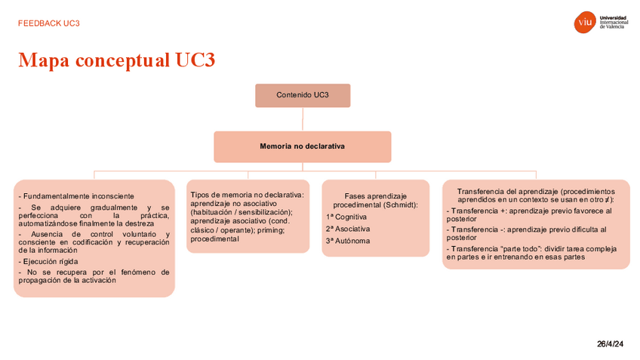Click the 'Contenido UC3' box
click(302, 95)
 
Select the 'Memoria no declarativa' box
click(302, 146)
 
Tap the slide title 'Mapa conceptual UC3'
click(117, 60)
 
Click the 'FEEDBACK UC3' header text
click(49, 23)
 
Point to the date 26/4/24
click(610, 345)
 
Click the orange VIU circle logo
click(585, 23)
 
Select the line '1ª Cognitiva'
click(346, 217)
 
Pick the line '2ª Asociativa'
click(348, 229)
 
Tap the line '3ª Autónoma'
click(348, 241)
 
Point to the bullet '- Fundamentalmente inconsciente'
click(76, 196)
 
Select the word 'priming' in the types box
click(270, 230)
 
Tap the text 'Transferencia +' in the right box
click(475, 211)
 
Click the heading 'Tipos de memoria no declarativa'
click(246, 195)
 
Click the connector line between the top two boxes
click(302, 119)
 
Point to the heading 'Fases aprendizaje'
click(375, 196)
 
